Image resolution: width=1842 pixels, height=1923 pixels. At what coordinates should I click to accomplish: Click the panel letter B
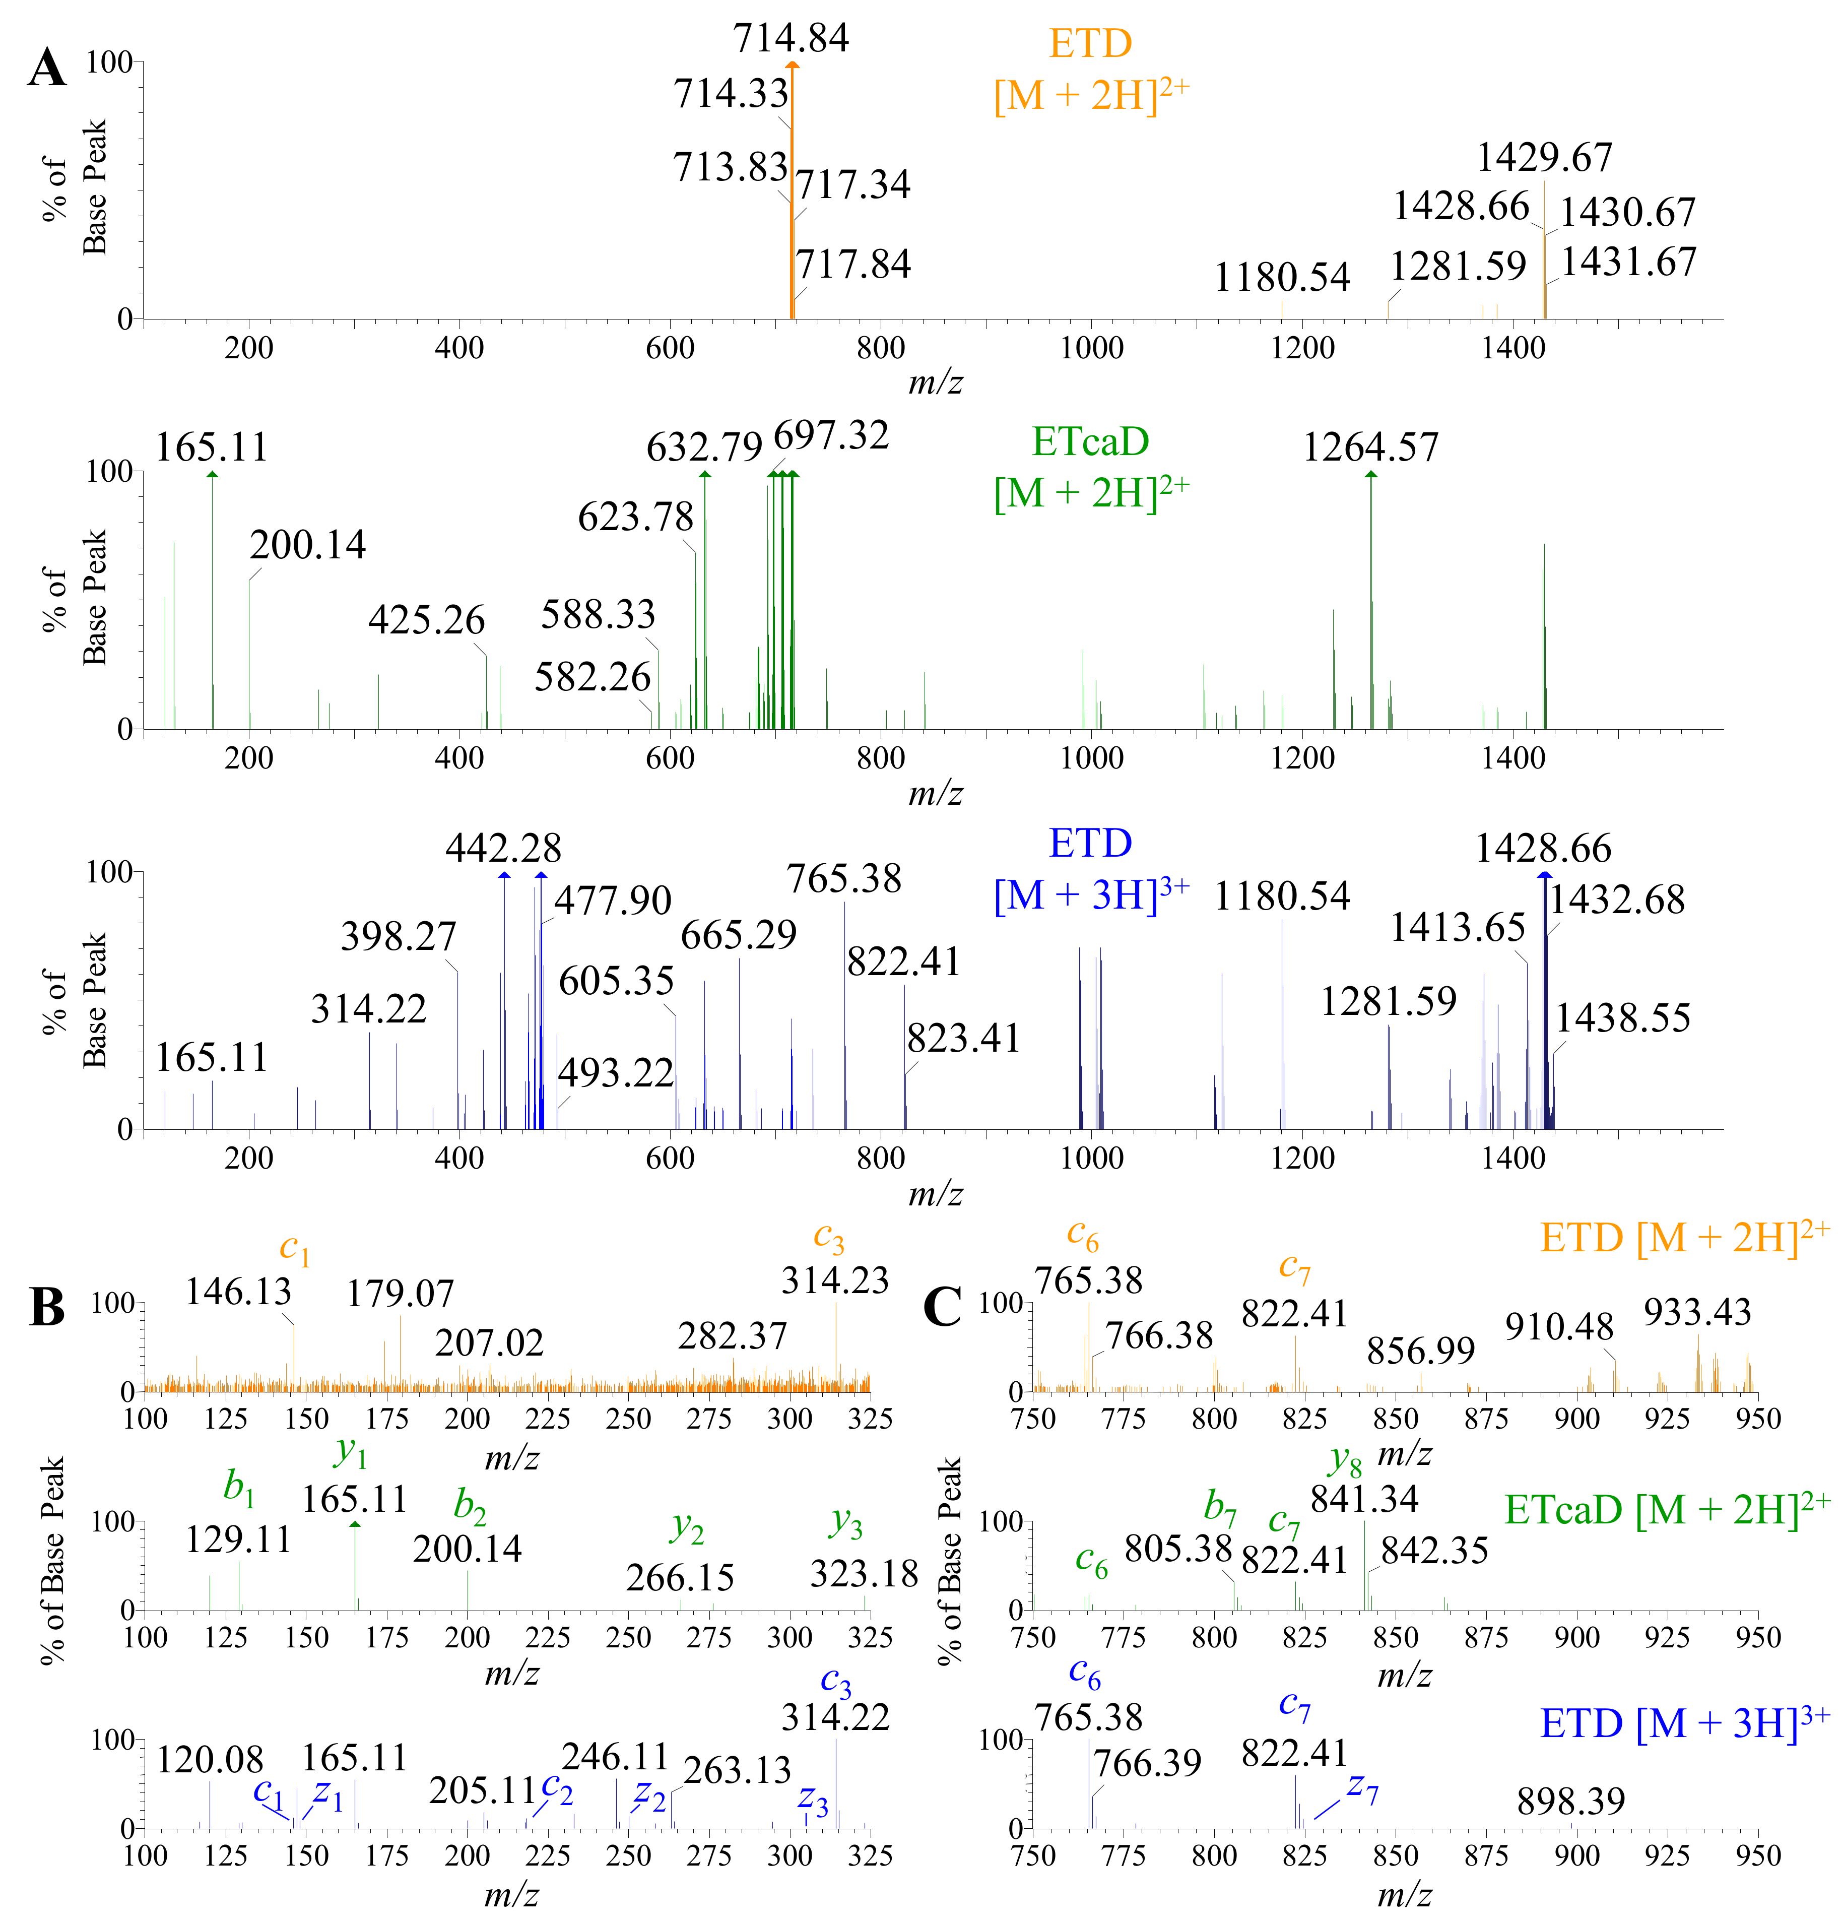click(47, 1308)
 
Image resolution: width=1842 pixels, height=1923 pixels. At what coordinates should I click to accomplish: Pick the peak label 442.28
click(503, 848)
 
